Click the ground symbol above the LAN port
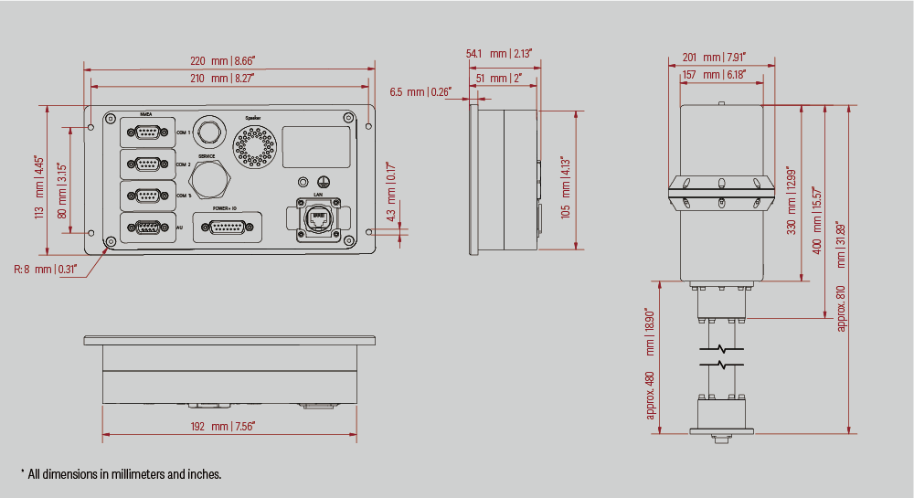coord(322,182)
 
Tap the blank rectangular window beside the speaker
coord(315,146)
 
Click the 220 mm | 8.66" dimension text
coord(223,60)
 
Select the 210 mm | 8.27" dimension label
coord(223,79)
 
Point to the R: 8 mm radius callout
coord(45,269)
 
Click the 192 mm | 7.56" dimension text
coord(223,426)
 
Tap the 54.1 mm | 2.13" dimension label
coord(498,54)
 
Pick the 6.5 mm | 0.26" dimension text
coord(420,92)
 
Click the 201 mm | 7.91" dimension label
coord(714,58)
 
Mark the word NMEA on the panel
coord(146,114)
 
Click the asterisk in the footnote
coord(22,472)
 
